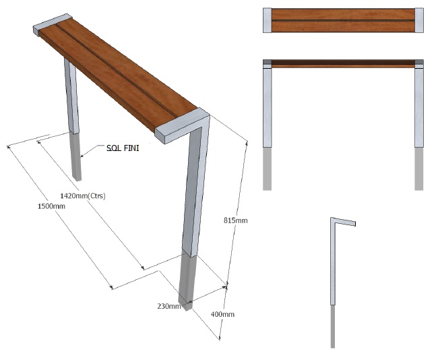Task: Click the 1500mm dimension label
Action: tap(51, 206)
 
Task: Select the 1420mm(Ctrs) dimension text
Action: tap(83, 196)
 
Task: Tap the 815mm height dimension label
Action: tap(235, 220)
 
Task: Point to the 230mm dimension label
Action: tap(169, 306)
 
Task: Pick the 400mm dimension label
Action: tap(222, 314)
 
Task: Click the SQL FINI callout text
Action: tap(123, 148)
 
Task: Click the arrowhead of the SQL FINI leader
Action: tap(82, 156)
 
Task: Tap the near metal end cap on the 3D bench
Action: tap(182, 126)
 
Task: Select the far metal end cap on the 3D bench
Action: tap(53, 24)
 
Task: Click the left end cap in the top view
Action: tap(268, 20)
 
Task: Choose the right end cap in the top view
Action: tap(419, 20)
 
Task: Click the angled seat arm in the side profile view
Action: tap(343, 221)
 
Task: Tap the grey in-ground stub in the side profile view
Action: tap(333, 326)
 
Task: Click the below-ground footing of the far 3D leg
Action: tap(76, 156)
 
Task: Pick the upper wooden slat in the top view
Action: tap(343, 14)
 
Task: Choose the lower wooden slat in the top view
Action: tap(343, 26)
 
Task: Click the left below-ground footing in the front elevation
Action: tap(268, 169)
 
